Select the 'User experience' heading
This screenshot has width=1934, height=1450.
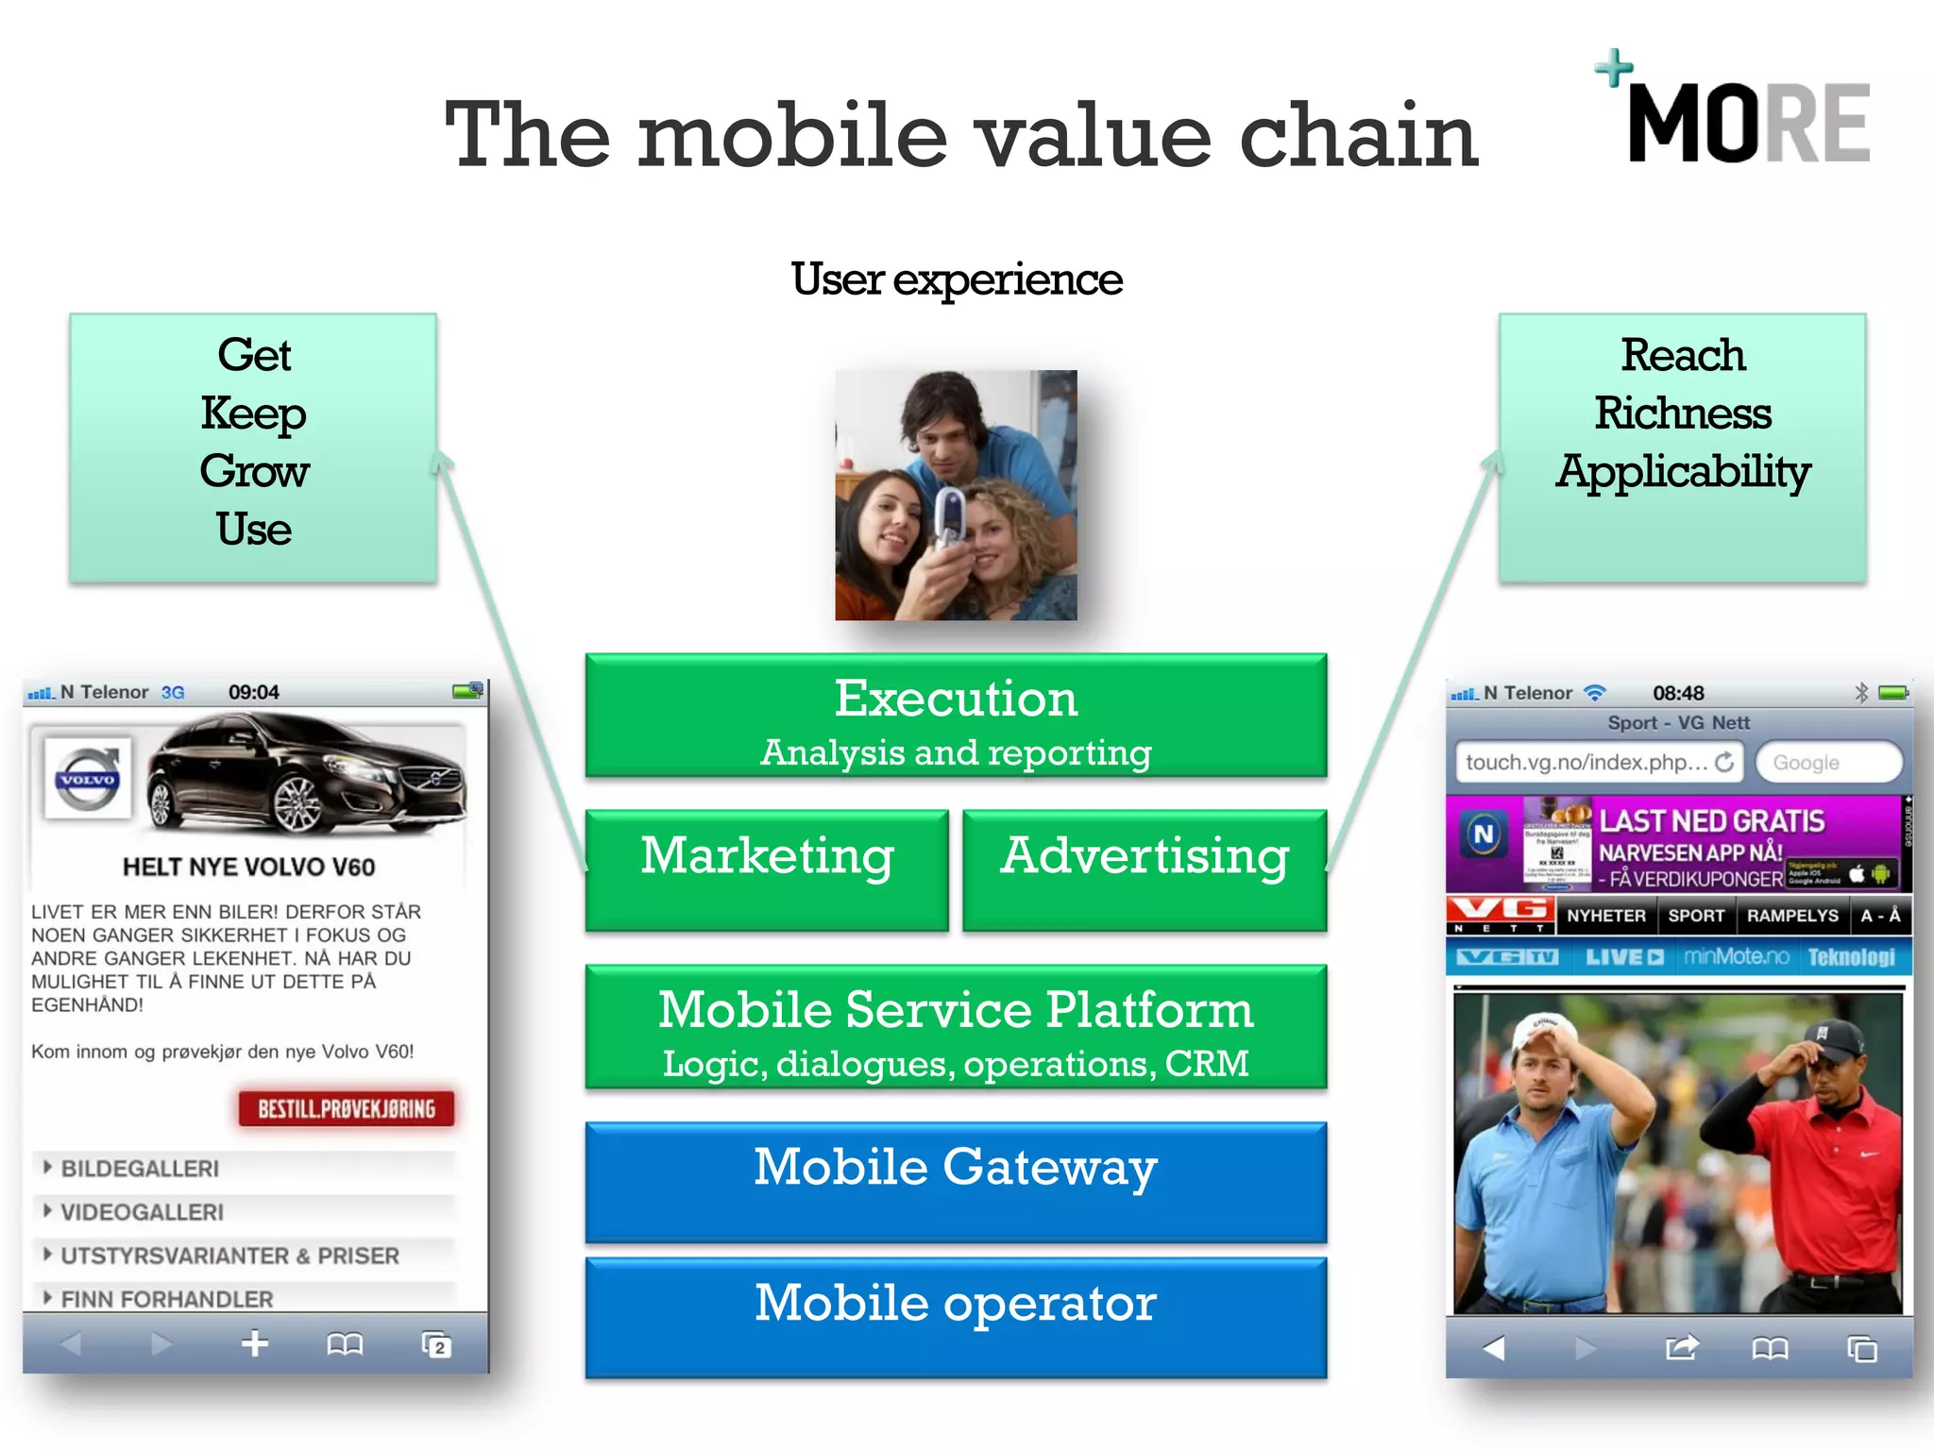(956, 279)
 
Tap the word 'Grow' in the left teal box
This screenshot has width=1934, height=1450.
(253, 471)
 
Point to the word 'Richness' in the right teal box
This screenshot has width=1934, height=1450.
(1682, 413)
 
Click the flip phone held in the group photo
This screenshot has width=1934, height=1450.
(949, 518)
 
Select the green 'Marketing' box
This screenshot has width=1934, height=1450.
(767, 868)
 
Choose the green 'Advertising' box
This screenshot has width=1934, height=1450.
(1145, 868)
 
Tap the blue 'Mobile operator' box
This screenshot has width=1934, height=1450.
(956, 1316)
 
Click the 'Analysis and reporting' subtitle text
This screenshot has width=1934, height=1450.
(956, 753)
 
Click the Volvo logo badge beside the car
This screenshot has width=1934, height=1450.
(87, 780)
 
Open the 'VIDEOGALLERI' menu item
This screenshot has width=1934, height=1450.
(142, 1212)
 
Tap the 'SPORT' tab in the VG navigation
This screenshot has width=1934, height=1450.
(1695, 916)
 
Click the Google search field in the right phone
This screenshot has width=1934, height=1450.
(1827, 763)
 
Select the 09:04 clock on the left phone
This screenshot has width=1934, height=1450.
(253, 692)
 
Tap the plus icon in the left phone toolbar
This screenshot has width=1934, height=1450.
(255, 1343)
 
